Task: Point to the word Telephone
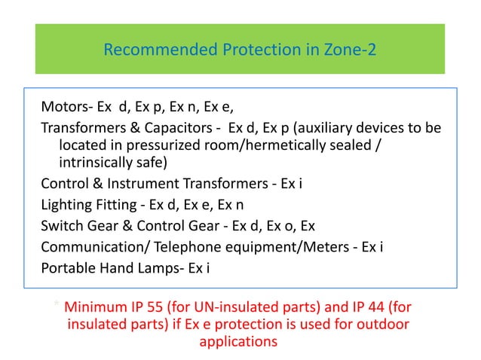point(177,245)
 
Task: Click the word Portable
point(66,265)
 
